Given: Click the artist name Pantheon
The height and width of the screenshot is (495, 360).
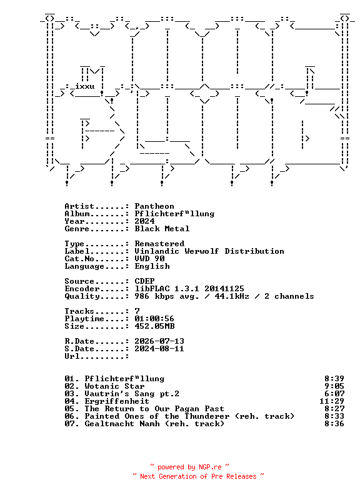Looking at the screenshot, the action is pos(154,206).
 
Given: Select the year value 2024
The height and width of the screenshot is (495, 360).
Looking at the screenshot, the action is pos(144,221).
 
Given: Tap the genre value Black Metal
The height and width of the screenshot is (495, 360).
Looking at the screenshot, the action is pos(162,229).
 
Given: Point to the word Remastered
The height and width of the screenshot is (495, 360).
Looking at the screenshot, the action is pos(159,244).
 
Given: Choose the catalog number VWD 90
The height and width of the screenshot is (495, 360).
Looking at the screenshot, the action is pos(149,259).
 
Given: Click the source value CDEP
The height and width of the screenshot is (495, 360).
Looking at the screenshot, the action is pos(144,281).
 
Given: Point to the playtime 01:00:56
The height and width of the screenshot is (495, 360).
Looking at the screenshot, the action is pos(154,319).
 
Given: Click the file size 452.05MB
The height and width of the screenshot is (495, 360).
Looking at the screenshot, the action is pos(154,326).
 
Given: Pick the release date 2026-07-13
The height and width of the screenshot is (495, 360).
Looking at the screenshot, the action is pos(159,341).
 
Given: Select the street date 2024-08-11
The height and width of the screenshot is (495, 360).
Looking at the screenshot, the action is pos(159,349).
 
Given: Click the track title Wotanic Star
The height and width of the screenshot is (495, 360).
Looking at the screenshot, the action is pos(114,386).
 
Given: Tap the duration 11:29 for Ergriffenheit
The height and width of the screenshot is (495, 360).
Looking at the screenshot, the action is pos(332,401).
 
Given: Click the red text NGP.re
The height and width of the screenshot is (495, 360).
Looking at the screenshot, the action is pos(210,467).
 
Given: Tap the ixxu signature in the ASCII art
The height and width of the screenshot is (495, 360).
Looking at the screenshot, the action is pos(84,86).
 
